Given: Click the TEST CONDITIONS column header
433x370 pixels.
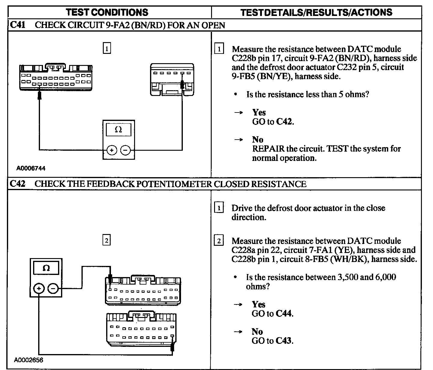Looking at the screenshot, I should [x=107, y=12].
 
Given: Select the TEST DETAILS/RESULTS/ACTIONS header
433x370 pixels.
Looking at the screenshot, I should [x=316, y=12].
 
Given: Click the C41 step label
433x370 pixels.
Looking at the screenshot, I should [x=17, y=25].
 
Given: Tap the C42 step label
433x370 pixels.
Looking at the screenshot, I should [x=17, y=184].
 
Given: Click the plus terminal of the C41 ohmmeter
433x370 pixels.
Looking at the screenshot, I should [x=112, y=150].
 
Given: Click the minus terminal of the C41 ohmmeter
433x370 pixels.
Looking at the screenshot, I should [x=126, y=150].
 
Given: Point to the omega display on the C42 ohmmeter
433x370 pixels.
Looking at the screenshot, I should [x=46, y=268].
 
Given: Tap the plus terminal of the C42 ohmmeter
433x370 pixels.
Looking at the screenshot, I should [x=39, y=289].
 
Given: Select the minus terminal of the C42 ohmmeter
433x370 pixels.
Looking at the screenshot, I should [x=53, y=289].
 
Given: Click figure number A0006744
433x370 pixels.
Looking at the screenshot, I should [x=31, y=168].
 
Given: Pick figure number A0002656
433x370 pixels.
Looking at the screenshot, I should [x=29, y=360].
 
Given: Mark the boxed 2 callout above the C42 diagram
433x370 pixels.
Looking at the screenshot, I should [x=106, y=240].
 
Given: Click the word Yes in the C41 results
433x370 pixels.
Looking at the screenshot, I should [x=259, y=113].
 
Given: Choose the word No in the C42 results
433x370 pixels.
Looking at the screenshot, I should [x=257, y=331].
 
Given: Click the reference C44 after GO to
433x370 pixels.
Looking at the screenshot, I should [x=284, y=313].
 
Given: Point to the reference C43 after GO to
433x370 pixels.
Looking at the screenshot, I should [x=284, y=341].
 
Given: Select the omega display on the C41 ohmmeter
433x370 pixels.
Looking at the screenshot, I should [x=118, y=130].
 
